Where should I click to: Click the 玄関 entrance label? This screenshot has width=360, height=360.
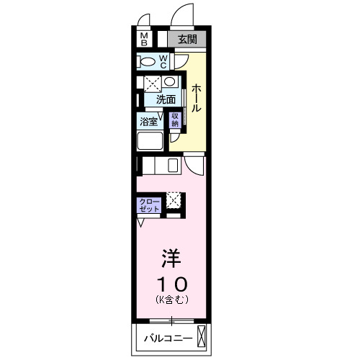pos(187,40)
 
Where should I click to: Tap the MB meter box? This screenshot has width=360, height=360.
pos(144,39)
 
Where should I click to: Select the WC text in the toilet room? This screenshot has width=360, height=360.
pos(163,60)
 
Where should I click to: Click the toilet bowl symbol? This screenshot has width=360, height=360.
pos(146,61)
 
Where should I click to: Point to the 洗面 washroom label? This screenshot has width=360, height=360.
pos(166,99)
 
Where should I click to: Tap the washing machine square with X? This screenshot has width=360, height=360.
pos(152,83)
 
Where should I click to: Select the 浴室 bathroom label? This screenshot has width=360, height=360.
pos(148,121)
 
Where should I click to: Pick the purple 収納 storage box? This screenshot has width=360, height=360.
pos(175,120)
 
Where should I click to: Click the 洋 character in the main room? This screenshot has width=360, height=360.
pos(170,258)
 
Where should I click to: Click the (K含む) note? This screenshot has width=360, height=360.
pos(171,298)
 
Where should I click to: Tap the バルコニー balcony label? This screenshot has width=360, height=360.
pos(166,337)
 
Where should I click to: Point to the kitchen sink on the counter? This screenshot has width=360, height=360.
pos(174,166)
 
